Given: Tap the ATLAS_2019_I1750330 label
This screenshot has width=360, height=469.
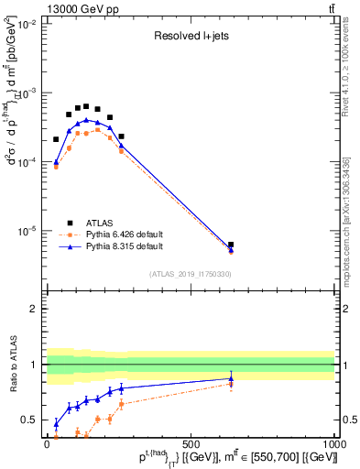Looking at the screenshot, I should [x=190, y=274].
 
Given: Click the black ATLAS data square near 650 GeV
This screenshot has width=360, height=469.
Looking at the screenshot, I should [x=231, y=245].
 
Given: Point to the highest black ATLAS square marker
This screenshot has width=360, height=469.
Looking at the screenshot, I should [x=86, y=106].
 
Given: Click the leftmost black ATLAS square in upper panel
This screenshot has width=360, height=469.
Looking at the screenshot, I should [x=56, y=139].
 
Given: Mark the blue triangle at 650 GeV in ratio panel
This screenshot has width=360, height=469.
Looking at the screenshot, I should [x=231, y=378].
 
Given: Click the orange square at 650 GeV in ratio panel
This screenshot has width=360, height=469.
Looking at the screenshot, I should [x=231, y=384].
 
